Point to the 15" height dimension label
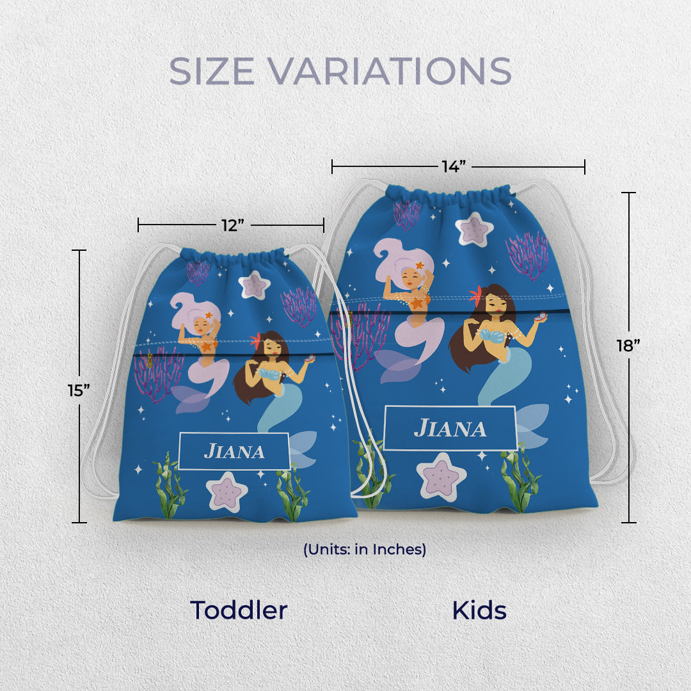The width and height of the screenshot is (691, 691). [x=79, y=390]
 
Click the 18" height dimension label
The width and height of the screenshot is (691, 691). [x=628, y=346]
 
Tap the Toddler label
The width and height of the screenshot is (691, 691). [x=239, y=610]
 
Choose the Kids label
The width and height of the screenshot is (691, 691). [x=479, y=610]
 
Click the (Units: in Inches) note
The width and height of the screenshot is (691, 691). [x=365, y=549]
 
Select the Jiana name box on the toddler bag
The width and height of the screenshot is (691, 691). [x=234, y=451]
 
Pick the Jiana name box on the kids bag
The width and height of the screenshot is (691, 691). [x=450, y=428]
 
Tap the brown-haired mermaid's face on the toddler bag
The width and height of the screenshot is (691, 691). [x=271, y=348]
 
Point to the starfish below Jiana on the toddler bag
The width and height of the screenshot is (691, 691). [x=228, y=492]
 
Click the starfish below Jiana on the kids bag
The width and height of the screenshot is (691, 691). [x=441, y=476]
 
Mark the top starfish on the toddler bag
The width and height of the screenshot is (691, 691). [x=254, y=286]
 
